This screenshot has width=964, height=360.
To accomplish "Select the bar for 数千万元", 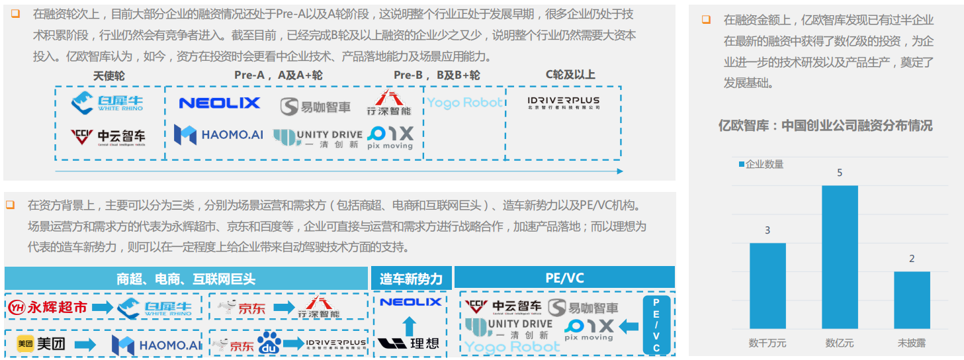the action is (x=767, y=285).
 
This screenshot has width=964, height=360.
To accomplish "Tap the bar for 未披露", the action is (x=912, y=300).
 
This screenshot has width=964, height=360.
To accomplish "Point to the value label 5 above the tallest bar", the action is (x=840, y=173).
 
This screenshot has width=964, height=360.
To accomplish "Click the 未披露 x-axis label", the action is (x=912, y=343).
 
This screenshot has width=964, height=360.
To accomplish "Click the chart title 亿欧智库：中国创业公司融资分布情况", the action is (x=826, y=126).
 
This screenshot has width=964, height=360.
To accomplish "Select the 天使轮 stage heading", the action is (x=109, y=75).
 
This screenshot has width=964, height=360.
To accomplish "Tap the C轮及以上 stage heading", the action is (x=570, y=75).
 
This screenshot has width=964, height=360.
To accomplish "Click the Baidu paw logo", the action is (x=269, y=343).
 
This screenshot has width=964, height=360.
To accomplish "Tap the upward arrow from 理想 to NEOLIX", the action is (x=410, y=324).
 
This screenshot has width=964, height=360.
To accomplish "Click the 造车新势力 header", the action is (x=411, y=279).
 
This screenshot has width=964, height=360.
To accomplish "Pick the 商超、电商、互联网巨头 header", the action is (x=186, y=279).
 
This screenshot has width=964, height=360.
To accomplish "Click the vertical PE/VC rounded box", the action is (x=656, y=325).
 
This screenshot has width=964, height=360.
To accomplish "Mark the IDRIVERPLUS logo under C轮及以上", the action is (x=564, y=103).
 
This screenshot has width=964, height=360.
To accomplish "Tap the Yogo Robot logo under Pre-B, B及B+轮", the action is (x=464, y=103).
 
